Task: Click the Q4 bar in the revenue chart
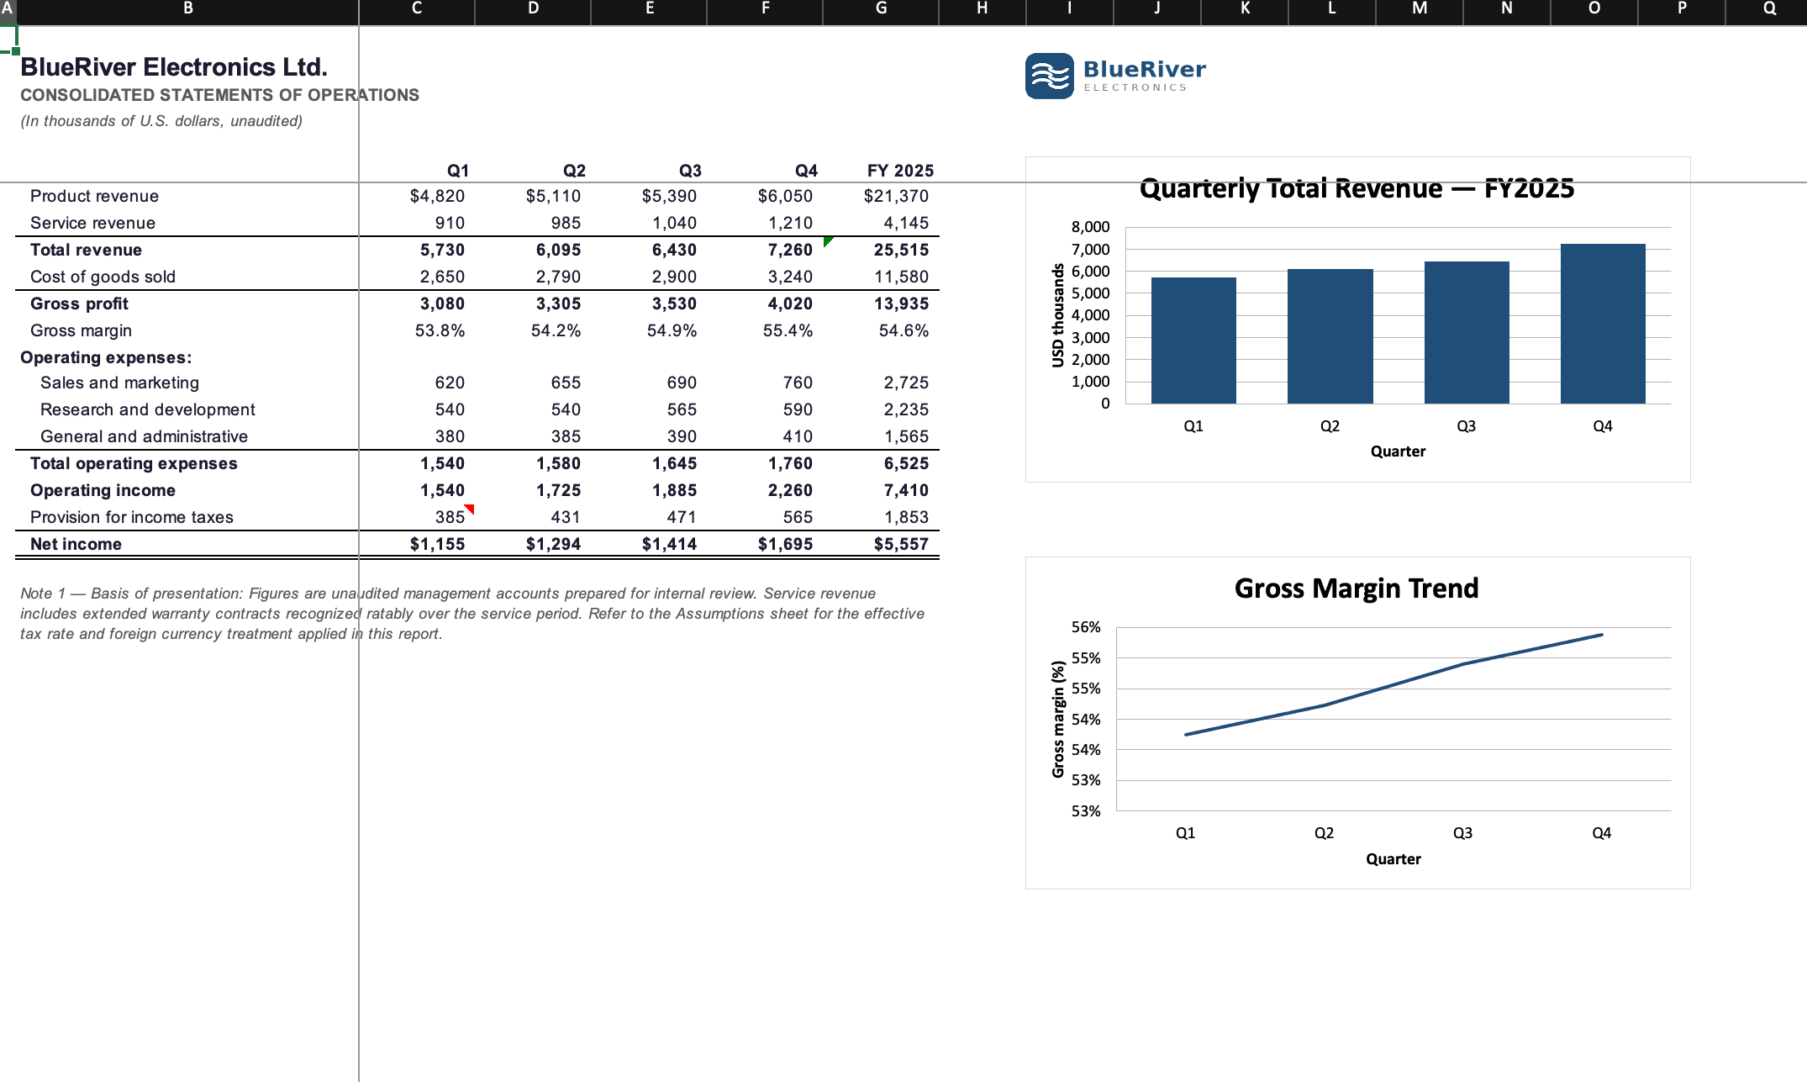(1603, 324)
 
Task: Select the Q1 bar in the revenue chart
(1193, 340)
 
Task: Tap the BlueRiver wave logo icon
(1050, 76)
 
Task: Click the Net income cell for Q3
(670, 544)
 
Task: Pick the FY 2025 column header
(900, 171)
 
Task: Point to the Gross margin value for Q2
(556, 330)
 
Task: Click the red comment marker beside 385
(470, 509)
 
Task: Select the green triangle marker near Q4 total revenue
(828, 241)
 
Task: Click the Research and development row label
(148, 409)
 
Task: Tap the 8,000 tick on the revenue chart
(1091, 227)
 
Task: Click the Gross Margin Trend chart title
(1357, 589)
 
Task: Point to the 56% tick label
(1086, 627)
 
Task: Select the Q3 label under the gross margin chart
(1462, 833)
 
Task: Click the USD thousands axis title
(1058, 315)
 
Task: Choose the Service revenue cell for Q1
(450, 223)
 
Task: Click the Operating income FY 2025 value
(906, 490)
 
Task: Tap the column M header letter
(1420, 8)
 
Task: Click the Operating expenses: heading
(106, 357)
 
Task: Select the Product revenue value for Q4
(785, 196)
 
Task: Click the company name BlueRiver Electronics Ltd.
(174, 67)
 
